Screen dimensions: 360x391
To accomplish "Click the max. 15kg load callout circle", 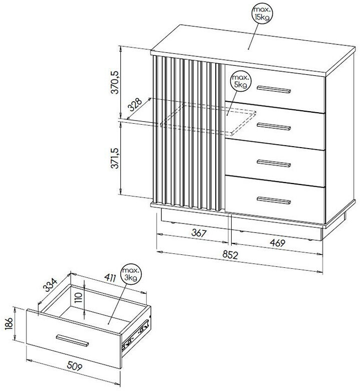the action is tap(262, 14).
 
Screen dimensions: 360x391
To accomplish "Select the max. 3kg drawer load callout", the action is tap(131, 274).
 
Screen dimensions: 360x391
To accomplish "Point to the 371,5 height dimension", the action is tap(115, 158).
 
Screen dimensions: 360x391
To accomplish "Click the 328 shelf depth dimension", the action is tap(135, 105).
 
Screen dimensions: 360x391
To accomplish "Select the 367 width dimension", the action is tap(199, 233).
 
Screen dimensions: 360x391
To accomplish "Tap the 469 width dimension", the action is tap(277, 242).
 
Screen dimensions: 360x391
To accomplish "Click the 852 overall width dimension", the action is tap(230, 255).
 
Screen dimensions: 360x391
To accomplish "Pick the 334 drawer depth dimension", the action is tap(50, 284).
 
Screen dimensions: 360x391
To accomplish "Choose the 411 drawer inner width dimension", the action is tap(110, 277).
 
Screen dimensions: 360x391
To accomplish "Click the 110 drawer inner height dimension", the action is tap(78, 297).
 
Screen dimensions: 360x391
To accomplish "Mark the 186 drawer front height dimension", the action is tap(9, 323).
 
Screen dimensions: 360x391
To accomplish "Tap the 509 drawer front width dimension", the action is tap(74, 366).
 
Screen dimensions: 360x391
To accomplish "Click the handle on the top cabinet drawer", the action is tap(274, 89).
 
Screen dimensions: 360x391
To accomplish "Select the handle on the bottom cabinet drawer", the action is tap(274, 200).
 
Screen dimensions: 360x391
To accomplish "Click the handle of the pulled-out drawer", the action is tap(72, 340).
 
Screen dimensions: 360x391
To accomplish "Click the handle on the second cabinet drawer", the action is tap(274, 127).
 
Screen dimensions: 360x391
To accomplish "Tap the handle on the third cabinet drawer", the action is tap(274, 164).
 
